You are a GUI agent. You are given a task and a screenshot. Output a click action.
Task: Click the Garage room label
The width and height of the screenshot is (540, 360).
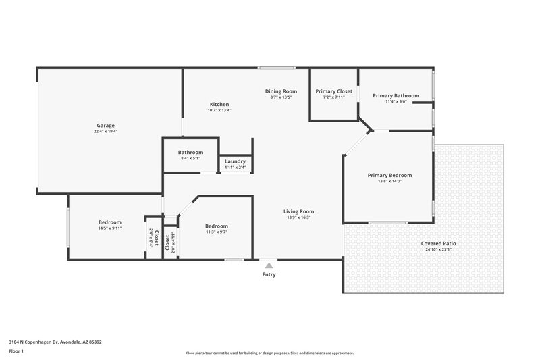point(105,126)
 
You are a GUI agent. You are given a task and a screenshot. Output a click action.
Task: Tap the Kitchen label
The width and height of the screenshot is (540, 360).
point(219,104)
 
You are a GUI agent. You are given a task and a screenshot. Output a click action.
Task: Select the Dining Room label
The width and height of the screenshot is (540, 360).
point(280,91)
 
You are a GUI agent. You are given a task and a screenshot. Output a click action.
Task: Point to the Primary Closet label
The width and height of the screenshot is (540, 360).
point(334,91)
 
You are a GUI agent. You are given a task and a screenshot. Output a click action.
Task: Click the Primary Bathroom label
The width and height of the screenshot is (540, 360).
point(396,95)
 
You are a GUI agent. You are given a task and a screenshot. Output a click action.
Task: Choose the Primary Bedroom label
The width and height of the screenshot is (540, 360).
point(389,175)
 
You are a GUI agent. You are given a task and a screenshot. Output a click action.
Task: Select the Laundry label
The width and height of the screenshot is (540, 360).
point(235,161)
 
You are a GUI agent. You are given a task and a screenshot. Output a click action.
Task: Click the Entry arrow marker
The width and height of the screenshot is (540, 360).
point(269,265)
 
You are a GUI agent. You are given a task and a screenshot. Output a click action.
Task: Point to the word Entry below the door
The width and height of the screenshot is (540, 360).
point(269,274)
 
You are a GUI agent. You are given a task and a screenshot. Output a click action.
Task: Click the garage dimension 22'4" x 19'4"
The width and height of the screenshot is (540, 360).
point(105,132)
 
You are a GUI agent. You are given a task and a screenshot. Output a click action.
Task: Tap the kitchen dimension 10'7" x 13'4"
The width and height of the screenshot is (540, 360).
point(219,111)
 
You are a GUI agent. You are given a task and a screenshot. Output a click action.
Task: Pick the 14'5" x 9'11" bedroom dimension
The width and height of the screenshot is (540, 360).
point(110,228)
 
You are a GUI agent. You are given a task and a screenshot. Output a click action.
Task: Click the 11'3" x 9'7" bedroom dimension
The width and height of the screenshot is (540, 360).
point(217,232)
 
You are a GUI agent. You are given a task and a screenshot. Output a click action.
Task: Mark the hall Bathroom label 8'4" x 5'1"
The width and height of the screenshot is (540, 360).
point(190,153)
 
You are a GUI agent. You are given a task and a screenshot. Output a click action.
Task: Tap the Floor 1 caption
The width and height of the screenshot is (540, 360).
point(16,351)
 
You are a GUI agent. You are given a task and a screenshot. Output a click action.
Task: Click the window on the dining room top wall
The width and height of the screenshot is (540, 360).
point(276,67)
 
